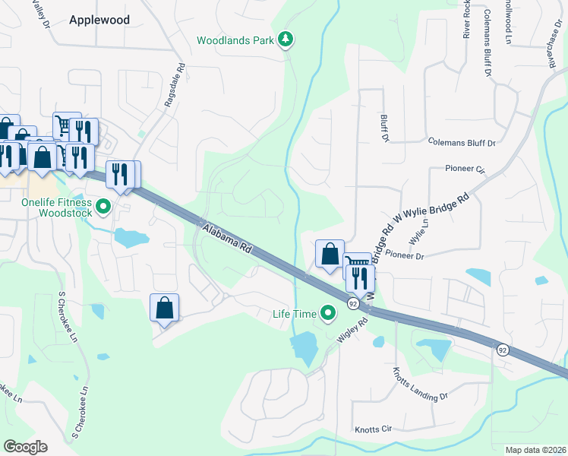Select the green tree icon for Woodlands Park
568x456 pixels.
click(x=286, y=39)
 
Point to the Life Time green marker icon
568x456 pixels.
click(x=328, y=312)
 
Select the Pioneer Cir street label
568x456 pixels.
click(x=465, y=169)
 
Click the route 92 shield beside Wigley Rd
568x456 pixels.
click(x=353, y=303)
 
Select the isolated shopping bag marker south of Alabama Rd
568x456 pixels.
click(x=164, y=308)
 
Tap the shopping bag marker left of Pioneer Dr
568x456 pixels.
click(x=330, y=254)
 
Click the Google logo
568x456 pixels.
click(x=26, y=446)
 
